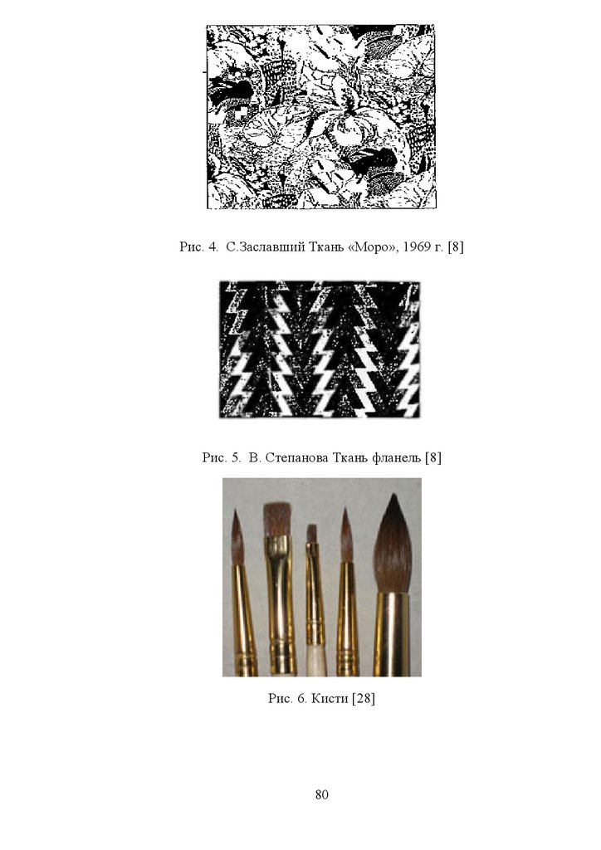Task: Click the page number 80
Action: [x=321, y=794]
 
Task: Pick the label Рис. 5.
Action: [x=221, y=457]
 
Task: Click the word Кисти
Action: [x=330, y=698]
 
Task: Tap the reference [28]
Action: [x=364, y=698]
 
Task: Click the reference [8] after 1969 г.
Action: [x=456, y=247]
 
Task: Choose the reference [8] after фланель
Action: [x=433, y=457]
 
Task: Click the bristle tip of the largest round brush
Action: [x=395, y=495]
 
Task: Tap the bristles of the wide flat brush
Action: [x=277, y=520]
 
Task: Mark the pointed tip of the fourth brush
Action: [x=344, y=510]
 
